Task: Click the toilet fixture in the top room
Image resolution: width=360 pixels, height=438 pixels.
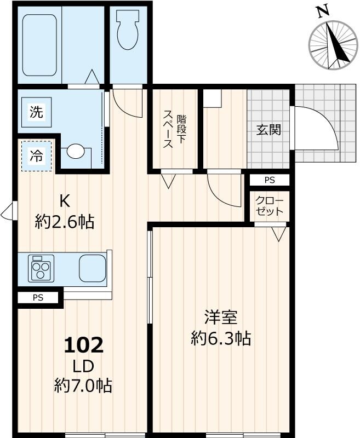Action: [x=128, y=33]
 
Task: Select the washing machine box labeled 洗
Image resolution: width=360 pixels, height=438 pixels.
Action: [x=36, y=113]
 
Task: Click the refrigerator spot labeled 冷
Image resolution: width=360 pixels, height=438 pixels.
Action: [x=36, y=156]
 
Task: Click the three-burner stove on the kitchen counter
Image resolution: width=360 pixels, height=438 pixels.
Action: [x=40, y=268]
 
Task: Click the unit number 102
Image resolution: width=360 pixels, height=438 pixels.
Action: [x=83, y=345]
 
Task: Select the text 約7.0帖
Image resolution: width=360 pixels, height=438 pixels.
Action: [x=83, y=386]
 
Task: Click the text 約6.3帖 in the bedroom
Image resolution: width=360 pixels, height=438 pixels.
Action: [x=221, y=338]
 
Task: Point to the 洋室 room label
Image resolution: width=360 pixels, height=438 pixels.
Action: [x=221, y=318]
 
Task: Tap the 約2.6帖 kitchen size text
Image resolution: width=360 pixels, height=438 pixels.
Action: [x=65, y=222]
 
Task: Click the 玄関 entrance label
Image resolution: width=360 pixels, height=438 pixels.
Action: [x=269, y=130]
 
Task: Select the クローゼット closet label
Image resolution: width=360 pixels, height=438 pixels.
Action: [x=269, y=206]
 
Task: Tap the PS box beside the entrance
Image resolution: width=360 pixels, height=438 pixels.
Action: [x=269, y=180]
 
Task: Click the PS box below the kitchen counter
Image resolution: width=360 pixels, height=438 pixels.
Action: [x=37, y=298]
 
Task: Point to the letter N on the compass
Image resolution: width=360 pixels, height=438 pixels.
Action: [x=323, y=10]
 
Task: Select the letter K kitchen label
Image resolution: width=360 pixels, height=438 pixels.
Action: [x=65, y=201]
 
